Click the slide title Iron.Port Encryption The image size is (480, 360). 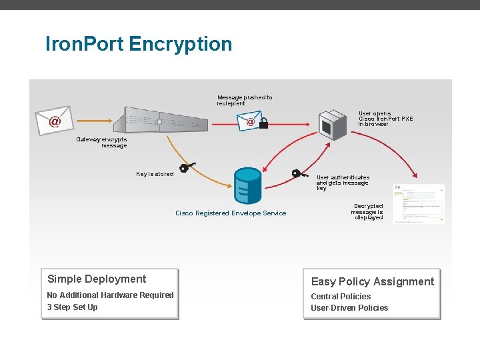(x=139, y=44)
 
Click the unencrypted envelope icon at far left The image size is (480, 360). (x=54, y=119)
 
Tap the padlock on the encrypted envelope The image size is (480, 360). (x=263, y=123)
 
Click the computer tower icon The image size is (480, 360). (x=333, y=122)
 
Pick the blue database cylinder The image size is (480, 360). (x=248, y=185)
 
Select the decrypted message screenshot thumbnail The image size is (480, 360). (x=419, y=204)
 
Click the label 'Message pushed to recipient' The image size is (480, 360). (x=244, y=100)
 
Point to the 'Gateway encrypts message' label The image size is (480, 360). (x=101, y=142)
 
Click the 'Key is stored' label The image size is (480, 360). (x=155, y=174)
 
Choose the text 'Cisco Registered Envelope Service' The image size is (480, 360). (x=231, y=213)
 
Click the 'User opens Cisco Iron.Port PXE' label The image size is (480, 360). (x=385, y=119)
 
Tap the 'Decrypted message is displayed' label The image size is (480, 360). (x=368, y=212)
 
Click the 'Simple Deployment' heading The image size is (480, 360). (x=97, y=279)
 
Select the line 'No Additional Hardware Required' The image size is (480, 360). (x=110, y=295)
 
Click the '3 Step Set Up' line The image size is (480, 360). (x=72, y=307)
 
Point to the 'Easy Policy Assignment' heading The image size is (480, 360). (x=372, y=281)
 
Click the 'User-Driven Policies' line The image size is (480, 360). (x=349, y=308)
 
